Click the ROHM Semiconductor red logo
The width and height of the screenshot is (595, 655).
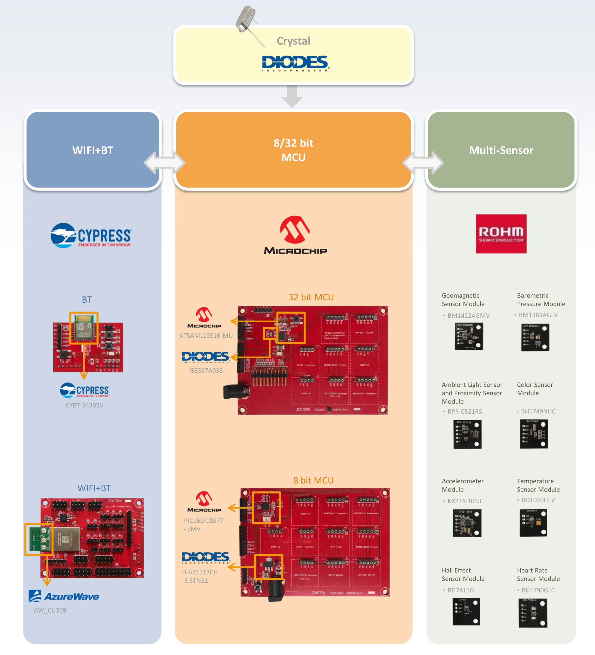click(x=501, y=234)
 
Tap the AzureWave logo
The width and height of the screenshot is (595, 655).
click(x=64, y=596)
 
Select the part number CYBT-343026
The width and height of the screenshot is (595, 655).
click(x=84, y=405)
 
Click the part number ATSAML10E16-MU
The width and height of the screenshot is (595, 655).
click(x=206, y=335)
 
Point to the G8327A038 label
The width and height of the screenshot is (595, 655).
click(x=206, y=370)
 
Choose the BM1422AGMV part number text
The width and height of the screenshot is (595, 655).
click(x=468, y=315)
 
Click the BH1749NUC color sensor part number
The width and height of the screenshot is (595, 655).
click(x=538, y=411)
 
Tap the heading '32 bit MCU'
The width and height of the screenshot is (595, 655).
click(x=311, y=297)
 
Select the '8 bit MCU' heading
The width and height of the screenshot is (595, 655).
click(x=313, y=480)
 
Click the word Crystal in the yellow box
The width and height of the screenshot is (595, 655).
click(x=294, y=41)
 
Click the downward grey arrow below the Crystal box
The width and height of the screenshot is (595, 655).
click(x=292, y=96)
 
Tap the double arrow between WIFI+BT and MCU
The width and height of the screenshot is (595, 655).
click(x=165, y=162)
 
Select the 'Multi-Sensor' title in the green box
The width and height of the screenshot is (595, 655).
click(x=501, y=150)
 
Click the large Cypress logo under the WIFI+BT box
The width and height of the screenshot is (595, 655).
click(x=91, y=235)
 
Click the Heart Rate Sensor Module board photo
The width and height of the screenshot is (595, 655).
click(x=533, y=613)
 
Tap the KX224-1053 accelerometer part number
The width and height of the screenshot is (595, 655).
click(x=464, y=501)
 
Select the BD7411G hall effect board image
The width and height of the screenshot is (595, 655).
click(x=466, y=611)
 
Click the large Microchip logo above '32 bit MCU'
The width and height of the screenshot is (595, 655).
click(x=295, y=235)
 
